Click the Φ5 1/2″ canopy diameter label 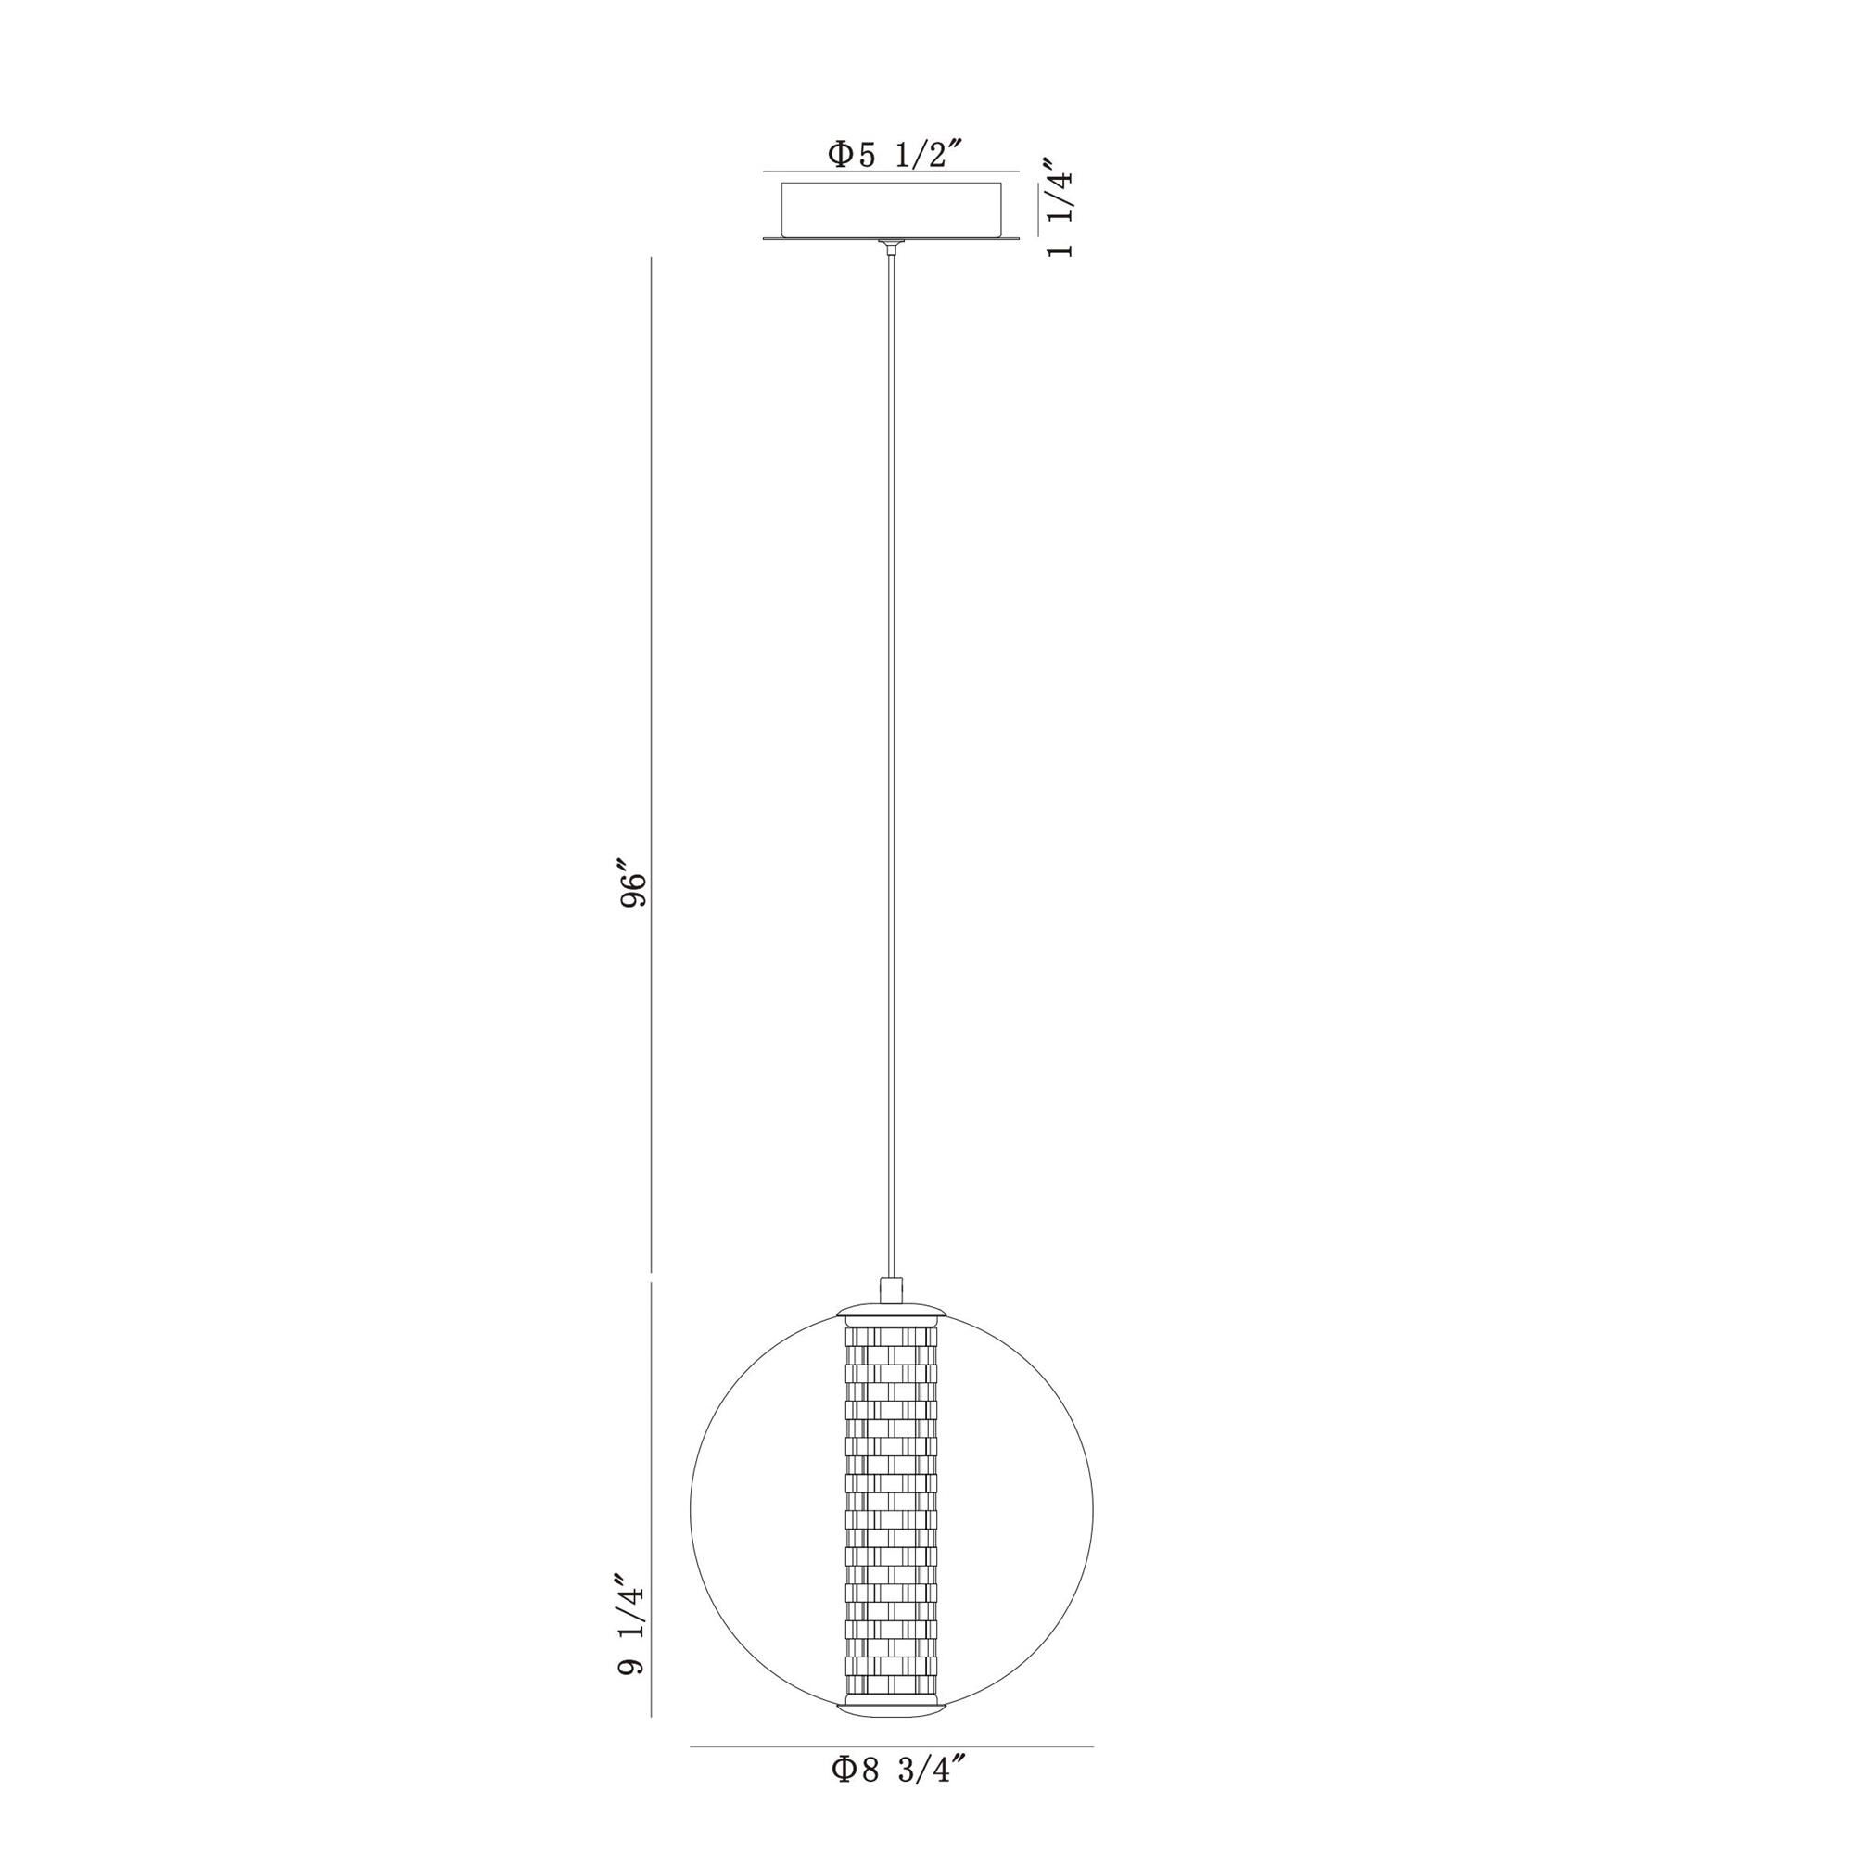[895, 155]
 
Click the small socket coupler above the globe [892, 1290]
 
